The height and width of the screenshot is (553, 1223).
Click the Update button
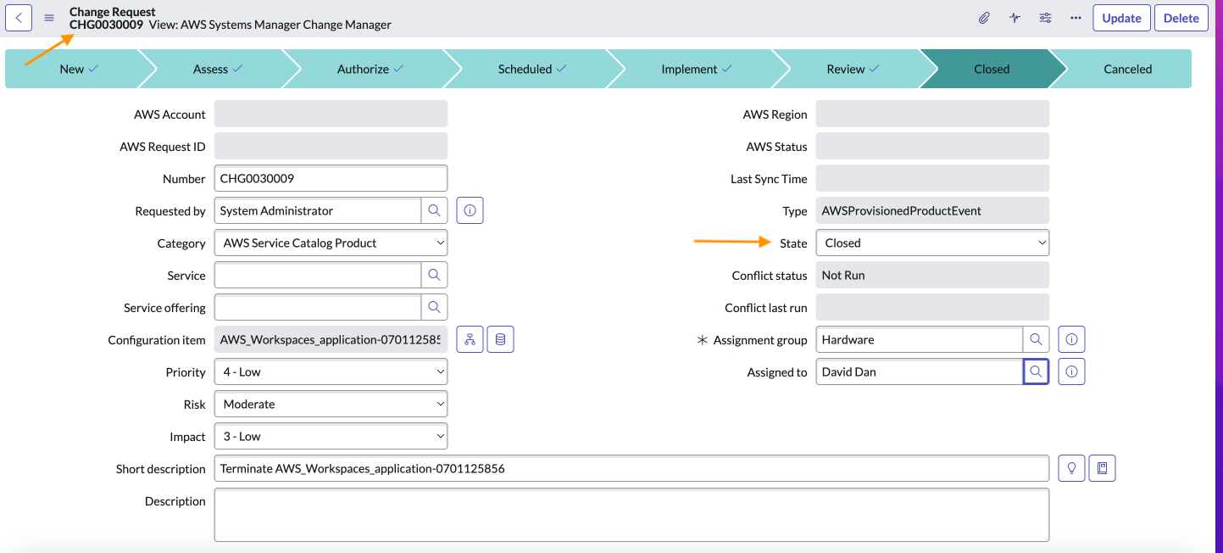point(1121,18)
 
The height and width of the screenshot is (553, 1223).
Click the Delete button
point(1181,18)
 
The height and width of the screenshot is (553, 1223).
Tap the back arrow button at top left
point(19,17)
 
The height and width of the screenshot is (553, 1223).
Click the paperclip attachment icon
point(984,18)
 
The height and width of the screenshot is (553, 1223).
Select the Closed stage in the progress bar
point(991,70)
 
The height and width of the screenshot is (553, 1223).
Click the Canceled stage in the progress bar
point(1126,70)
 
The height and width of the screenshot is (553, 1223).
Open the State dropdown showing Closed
point(931,243)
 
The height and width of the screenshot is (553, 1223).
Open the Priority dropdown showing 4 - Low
point(331,372)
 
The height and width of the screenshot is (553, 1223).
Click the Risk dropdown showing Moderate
point(331,405)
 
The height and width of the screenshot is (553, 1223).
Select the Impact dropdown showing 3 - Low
point(331,437)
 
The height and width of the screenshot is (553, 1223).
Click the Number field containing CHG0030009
point(331,179)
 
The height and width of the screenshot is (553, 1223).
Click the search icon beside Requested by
point(434,210)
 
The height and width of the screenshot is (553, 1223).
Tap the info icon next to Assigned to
point(1071,371)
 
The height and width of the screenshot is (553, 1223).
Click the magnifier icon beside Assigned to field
point(1036,371)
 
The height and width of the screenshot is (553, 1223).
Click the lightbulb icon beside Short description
point(1071,468)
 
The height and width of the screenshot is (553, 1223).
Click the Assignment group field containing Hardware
point(919,339)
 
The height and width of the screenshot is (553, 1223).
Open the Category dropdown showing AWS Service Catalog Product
point(331,243)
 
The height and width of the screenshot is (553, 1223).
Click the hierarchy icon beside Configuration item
point(470,339)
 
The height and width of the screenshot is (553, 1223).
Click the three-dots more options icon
point(1076,18)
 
